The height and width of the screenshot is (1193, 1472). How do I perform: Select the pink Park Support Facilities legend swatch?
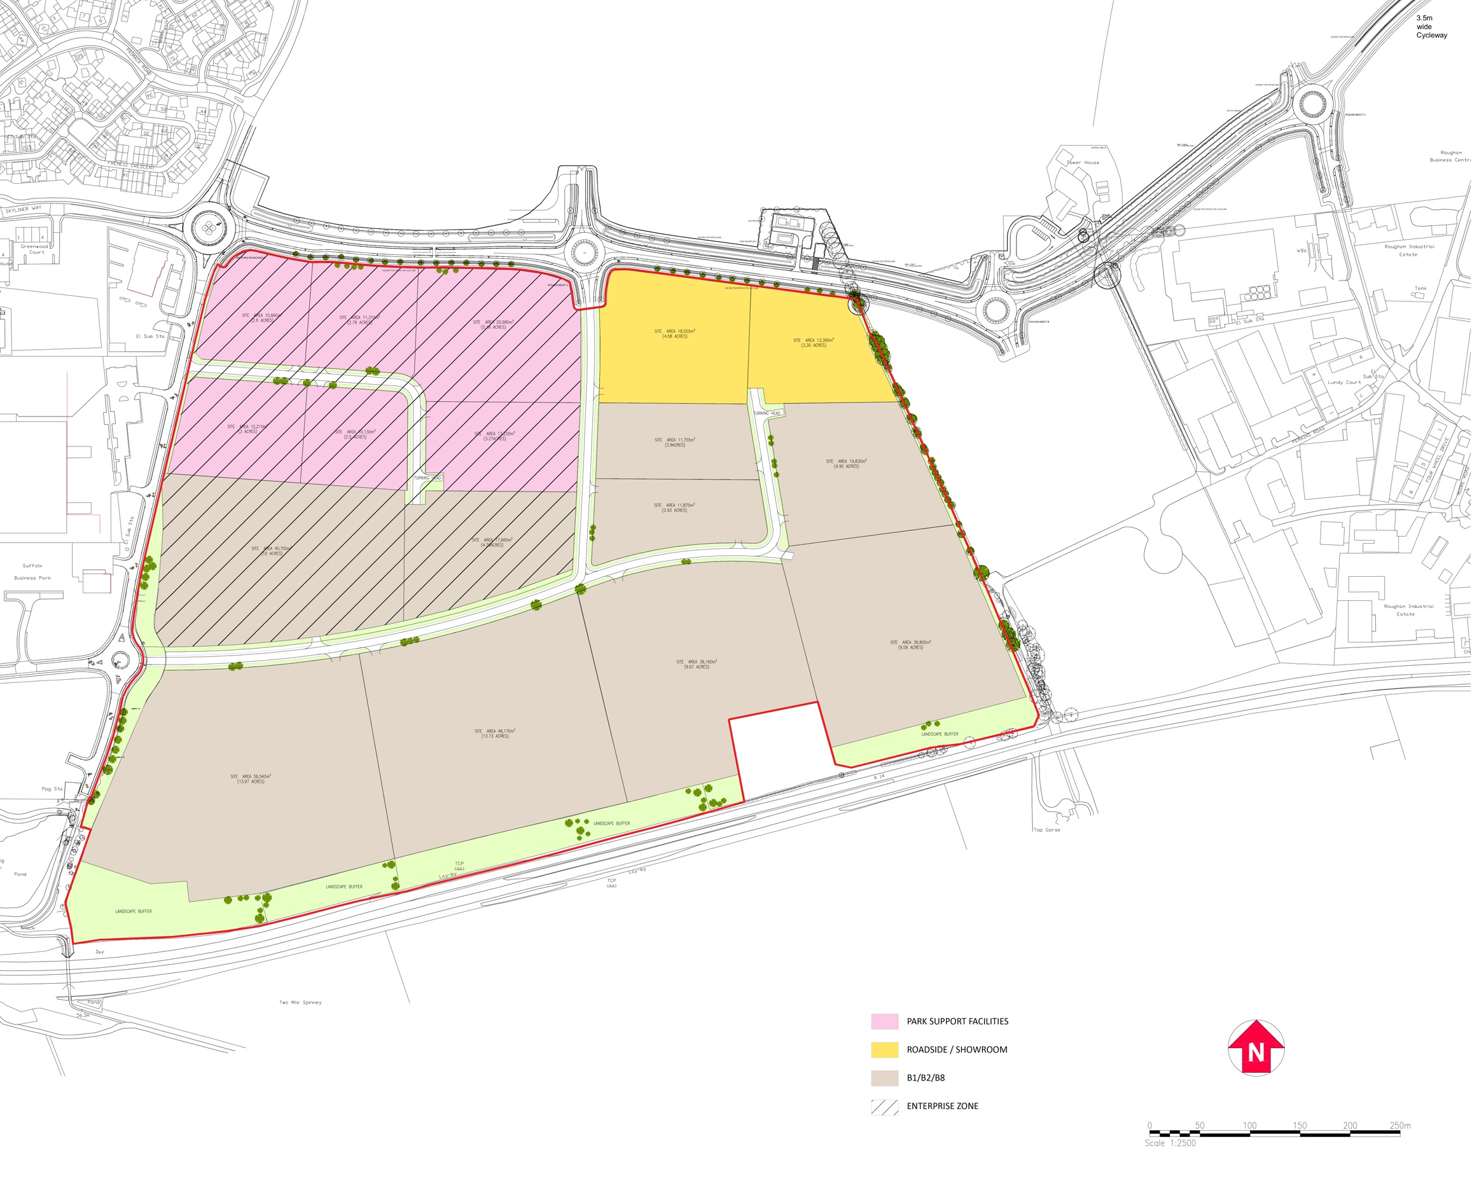coord(884,1021)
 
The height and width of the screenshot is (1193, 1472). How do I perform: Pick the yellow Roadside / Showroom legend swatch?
coord(884,1049)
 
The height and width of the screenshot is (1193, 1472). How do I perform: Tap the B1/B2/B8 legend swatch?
coord(884,1077)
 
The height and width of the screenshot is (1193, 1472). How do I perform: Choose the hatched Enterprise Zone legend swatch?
coord(884,1106)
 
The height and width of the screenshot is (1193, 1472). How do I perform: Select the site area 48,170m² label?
coord(494,733)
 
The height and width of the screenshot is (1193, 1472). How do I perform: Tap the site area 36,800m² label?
coord(910,645)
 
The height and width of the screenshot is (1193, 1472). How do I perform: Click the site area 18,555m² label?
coord(674,333)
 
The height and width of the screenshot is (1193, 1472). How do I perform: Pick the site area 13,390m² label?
coord(814,342)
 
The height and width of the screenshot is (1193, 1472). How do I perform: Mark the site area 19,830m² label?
coord(845,464)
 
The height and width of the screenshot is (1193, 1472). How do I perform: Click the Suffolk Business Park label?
coord(32,572)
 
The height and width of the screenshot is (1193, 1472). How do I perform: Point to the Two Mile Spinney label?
coord(300,1003)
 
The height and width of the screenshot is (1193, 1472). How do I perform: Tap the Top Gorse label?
coord(1046,830)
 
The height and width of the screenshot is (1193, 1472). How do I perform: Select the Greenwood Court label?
coord(34,249)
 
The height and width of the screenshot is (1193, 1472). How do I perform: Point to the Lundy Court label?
coord(1344,382)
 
